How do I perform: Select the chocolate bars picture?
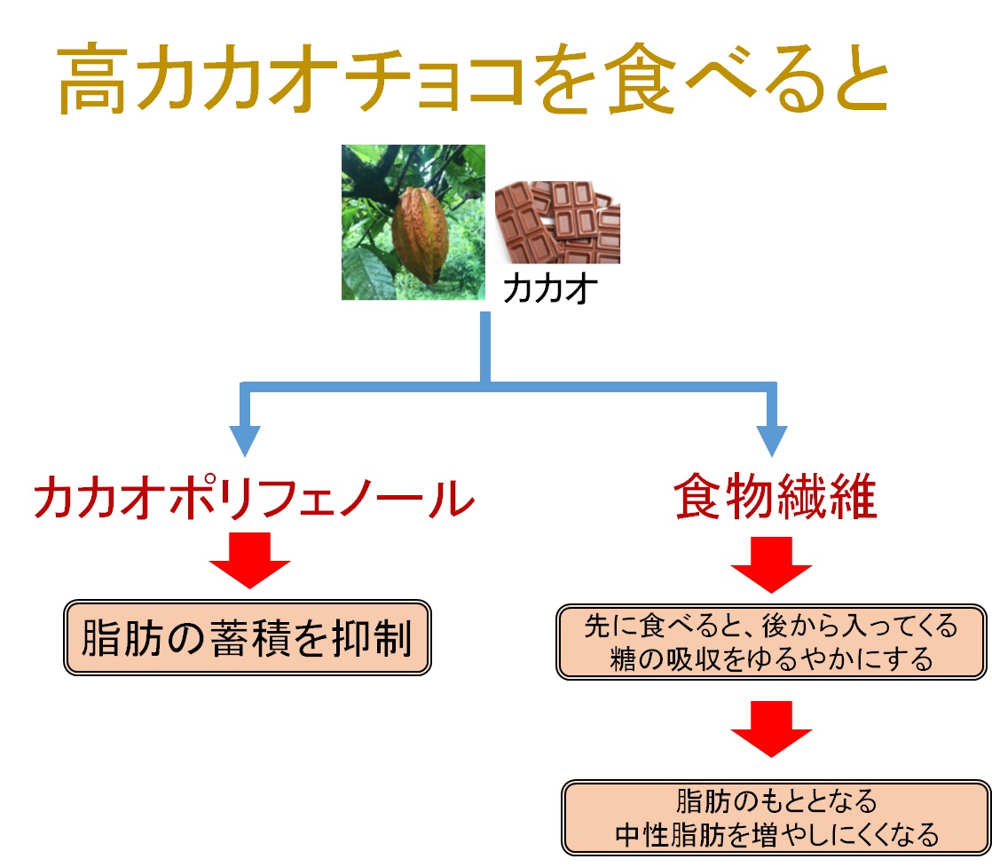tap(557, 222)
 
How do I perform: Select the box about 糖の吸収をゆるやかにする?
tap(771, 643)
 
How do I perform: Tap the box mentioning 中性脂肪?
tap(775, 818)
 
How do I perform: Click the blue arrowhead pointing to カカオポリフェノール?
tap(245, 439)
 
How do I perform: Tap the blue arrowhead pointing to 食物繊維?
tap(771, 439)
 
